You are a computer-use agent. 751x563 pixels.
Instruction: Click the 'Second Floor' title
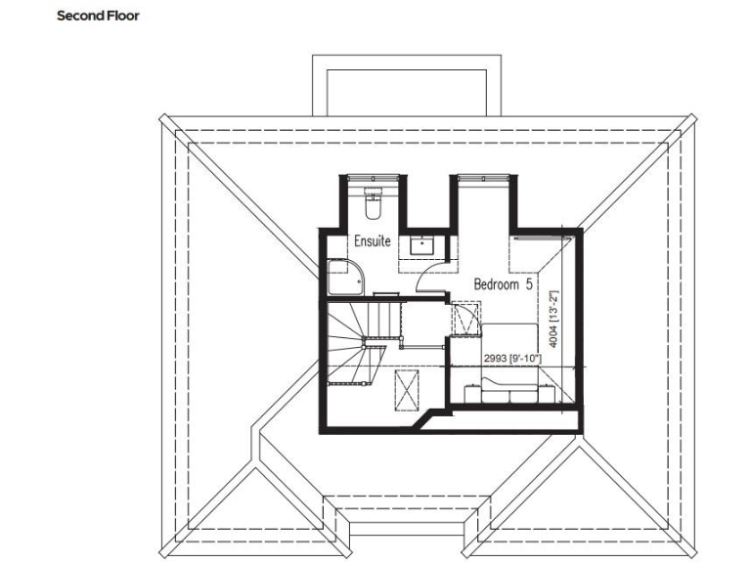click(x=99, y=16)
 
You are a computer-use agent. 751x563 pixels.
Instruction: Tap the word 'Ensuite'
click(x=373, y=240)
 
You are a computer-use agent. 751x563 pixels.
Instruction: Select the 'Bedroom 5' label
click(x=503, y=284)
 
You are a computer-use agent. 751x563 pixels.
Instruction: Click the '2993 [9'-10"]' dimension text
click(x=512, y=360)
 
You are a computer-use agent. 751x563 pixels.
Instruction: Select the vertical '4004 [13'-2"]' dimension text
click(x=553, y=318)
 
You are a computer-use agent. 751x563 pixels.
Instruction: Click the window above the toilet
click(x=373, y=177)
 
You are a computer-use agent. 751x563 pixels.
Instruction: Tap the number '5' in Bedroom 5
click(x=529, y=284)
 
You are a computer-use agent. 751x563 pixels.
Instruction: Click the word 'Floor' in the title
click(x=122, y=16)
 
